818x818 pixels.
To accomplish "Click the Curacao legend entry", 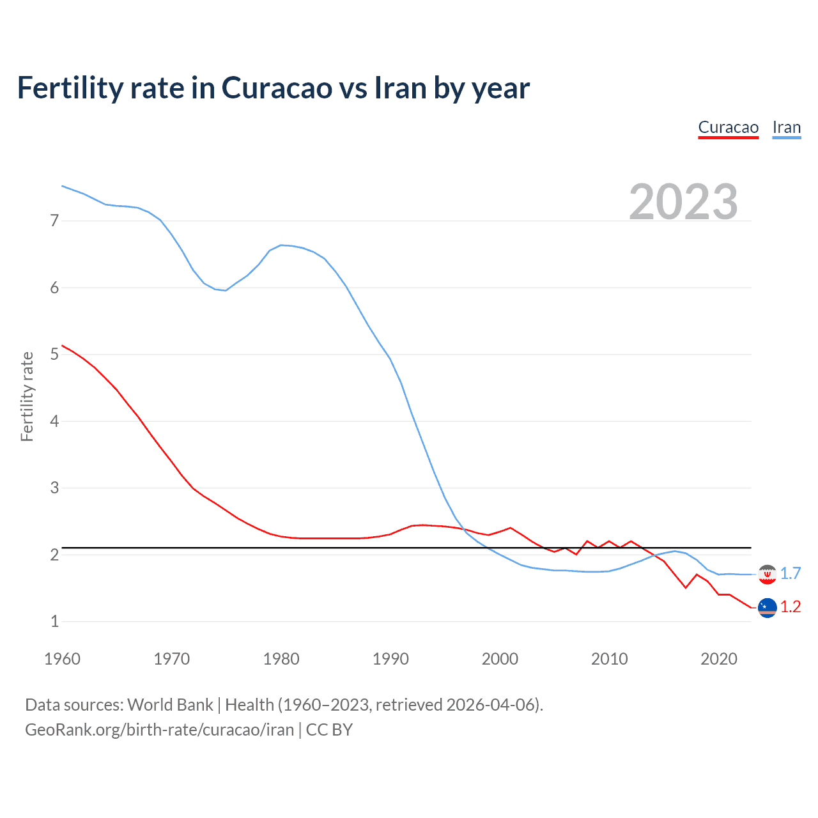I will [728, 127].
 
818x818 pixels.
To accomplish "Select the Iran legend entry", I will [786, 127].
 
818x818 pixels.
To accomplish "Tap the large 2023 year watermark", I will [683, 201].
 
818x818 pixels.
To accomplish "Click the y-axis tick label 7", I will [54, 221].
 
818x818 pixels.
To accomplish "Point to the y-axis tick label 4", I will [54, 421].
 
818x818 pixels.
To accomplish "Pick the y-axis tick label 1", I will [54, 621].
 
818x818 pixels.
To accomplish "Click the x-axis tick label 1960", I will [62, 659].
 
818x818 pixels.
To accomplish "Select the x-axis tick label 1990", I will [390, 659].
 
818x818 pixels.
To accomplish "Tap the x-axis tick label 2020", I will [719, 659].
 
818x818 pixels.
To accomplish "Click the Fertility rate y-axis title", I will [27, 396].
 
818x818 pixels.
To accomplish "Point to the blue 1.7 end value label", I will [791, 574].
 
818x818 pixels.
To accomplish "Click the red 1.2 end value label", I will [791, 607].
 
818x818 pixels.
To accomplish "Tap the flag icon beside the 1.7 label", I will [767, 575].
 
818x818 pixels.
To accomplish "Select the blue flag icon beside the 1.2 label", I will [767, 608].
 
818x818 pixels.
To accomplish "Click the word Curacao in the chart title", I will [277, 88].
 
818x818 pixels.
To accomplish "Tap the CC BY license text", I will [329, 730].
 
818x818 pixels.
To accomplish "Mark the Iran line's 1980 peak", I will [281, 245].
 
